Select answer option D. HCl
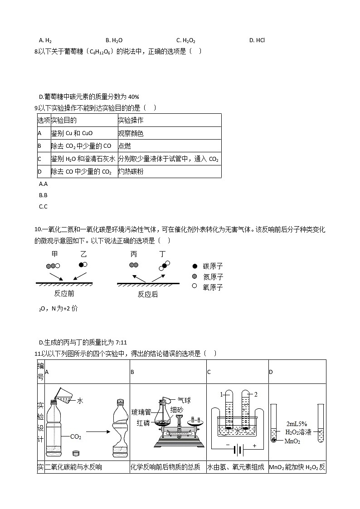tap(257, 40)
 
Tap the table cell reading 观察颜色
tap(131, 133)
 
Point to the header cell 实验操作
tap(131, 120)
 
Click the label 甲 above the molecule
tap(55, 254)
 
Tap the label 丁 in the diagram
tap(163, 254)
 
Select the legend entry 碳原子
tap(213, 267)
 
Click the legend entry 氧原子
tap(213, 287)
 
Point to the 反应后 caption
tap(148, 294)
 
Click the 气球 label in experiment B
tap(184, 400)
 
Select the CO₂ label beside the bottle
tap(76, 437)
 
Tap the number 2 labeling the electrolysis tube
tap(256, 394)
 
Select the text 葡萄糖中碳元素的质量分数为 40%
tap(89, 97)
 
